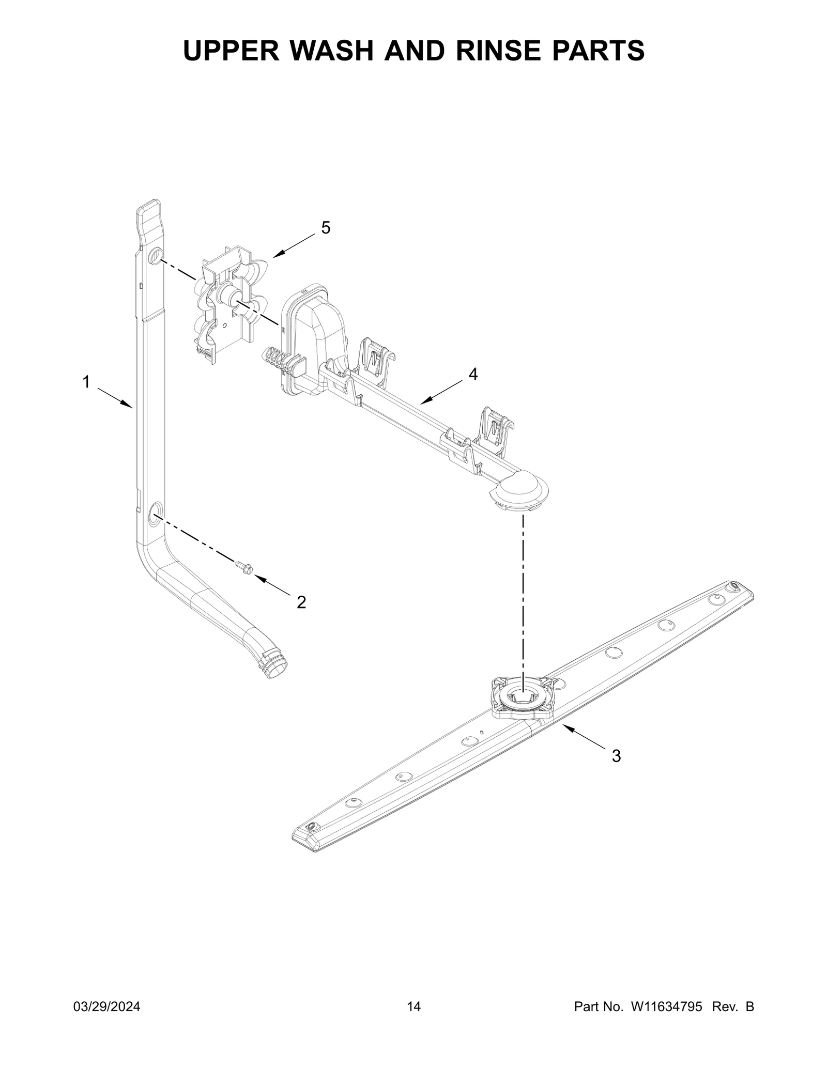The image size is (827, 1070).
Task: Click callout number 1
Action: (x=86, y=382)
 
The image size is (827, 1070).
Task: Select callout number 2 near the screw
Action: (x=301, y=601)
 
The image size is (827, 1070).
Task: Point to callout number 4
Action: (x=473, y=374)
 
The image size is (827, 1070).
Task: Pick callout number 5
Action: (x=326, y=227)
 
